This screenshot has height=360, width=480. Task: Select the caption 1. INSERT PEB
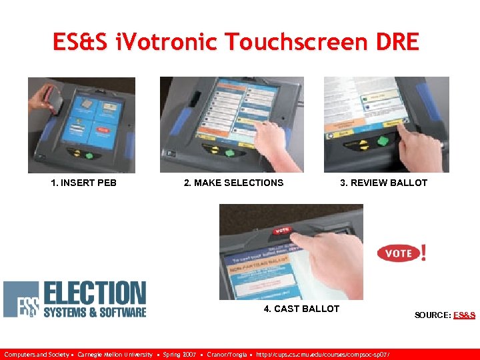pyautogui.click(x=83, y=183)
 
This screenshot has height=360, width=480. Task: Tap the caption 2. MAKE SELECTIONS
pyautogui.click(x=233, y=183)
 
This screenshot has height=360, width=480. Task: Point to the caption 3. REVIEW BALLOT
pyautogui.click(x=383, y=183)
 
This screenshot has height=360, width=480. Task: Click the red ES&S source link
pyautogui.click(x=464, y=315)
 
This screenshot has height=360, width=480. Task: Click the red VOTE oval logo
pyautogui.click(x=399, y=253)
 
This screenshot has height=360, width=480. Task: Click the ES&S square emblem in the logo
pyautogui.click(x=21, y=299)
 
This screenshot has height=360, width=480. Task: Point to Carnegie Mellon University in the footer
pyautogui.click(x=115, y=354)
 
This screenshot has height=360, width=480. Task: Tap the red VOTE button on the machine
pyautogui.click(x=282, y=231)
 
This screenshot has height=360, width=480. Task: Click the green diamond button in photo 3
pyautogui.click(x=384, y=141)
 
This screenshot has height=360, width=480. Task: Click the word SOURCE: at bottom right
pyautogui.click(x=433, y=315)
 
